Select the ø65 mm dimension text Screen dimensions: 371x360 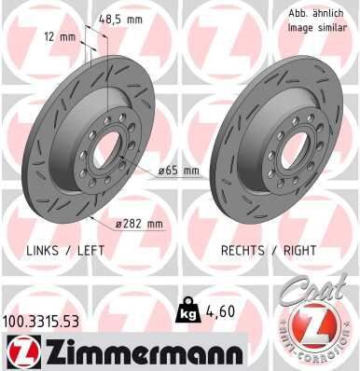coord(178,171)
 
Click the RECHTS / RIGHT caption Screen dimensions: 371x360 coord(268,251)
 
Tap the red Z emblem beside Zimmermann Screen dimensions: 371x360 coord(20,350)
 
